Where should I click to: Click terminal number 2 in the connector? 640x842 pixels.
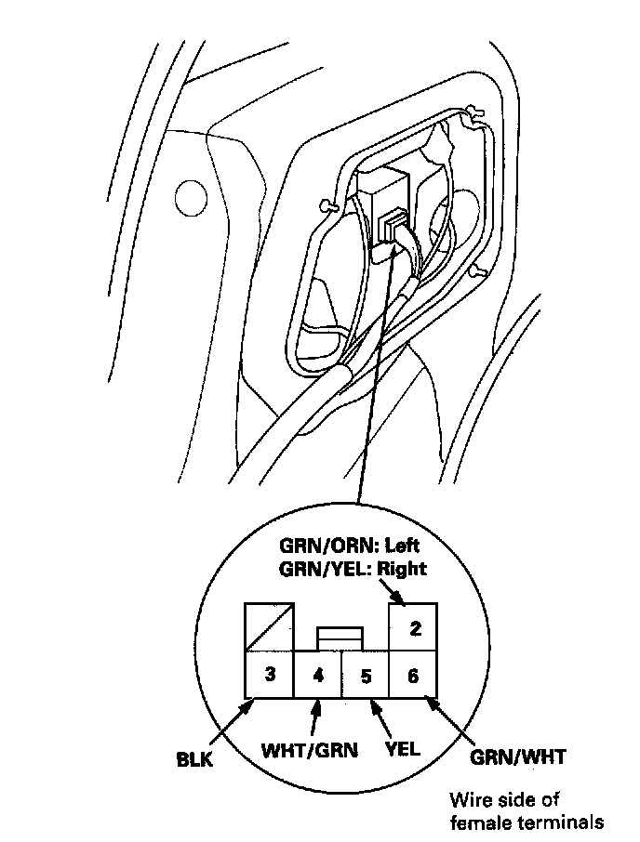414,628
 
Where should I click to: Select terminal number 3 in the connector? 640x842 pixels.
270,675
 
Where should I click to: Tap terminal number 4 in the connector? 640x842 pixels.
318,676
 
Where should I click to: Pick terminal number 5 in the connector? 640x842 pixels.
367,676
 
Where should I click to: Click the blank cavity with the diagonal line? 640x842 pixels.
270,627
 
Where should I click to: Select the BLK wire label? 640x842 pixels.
195,759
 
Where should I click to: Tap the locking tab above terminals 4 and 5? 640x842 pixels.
341,638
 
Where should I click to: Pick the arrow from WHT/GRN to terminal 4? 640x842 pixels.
315,717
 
